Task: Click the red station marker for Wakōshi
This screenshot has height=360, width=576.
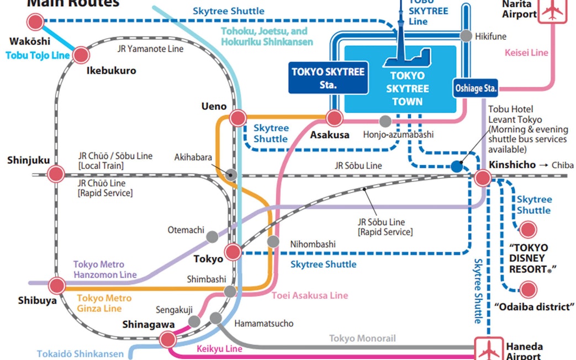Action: click(x=36, y=22)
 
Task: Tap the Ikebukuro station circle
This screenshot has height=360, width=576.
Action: click(x=81, y=55)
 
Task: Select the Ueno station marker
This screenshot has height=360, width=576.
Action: click(x=237, y=118)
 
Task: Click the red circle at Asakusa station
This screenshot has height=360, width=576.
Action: click(x=334, y=118)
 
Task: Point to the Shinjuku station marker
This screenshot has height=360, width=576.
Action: click(x=56, y=174)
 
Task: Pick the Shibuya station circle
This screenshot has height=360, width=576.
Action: click(x=56, y=285)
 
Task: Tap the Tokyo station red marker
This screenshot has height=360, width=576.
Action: click(x=233, y=252)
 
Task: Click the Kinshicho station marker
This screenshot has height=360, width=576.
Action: click(x=483, y=177)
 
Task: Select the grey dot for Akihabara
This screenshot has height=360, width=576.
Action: click(x=232, y=174)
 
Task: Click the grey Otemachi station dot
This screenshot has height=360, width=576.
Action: click(x=212, y=237)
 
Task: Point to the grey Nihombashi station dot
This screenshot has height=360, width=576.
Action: click(x=273, y=241)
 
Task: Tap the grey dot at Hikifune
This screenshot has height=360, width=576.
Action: click(x=467, y=35)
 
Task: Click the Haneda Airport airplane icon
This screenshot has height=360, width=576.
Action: click(x=489, y=350)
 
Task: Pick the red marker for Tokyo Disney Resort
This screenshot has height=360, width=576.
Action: click(x=528, y=230)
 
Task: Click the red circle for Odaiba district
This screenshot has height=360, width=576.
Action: click(x=528, y=289)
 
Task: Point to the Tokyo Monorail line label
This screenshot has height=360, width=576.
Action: click(x=362, y=338)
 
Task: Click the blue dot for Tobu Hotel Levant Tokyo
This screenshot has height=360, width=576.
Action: click(x=457, y=166)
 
